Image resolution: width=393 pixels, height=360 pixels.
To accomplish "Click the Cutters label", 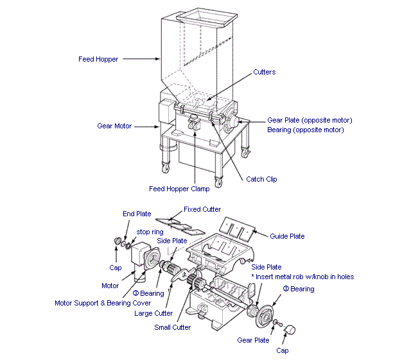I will [x=264, y=72].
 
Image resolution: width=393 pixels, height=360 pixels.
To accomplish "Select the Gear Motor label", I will [x=114, y=126].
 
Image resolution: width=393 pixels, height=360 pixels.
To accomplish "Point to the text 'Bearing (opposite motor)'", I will [x=305, y=130].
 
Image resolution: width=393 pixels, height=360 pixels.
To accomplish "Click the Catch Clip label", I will [x=261, y=179].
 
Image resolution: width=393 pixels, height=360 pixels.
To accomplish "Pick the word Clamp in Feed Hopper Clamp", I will [x=201, y=189].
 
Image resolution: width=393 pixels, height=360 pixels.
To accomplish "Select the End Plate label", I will [x=137, y=214].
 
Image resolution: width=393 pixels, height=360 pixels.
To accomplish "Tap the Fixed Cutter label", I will [x=202, y=209].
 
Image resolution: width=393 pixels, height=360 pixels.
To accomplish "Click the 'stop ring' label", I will [x=149, y=231].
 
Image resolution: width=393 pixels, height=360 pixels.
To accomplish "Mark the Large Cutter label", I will [x=153, y=313].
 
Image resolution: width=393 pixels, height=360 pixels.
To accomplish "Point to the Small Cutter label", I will [x=172, y=327].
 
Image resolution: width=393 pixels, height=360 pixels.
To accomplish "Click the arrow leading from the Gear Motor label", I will [x=148, y=126].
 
